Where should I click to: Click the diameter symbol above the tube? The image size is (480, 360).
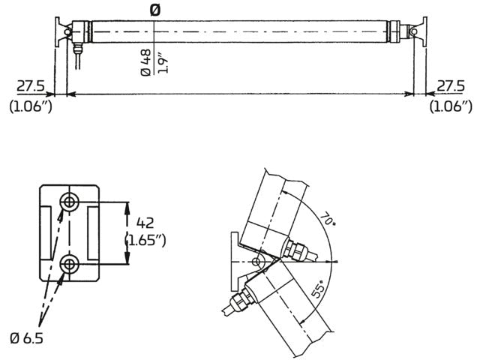click(154, 9)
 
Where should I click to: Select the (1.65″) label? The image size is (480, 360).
click(145, 241)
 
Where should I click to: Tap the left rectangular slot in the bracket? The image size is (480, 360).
click(46, 232)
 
